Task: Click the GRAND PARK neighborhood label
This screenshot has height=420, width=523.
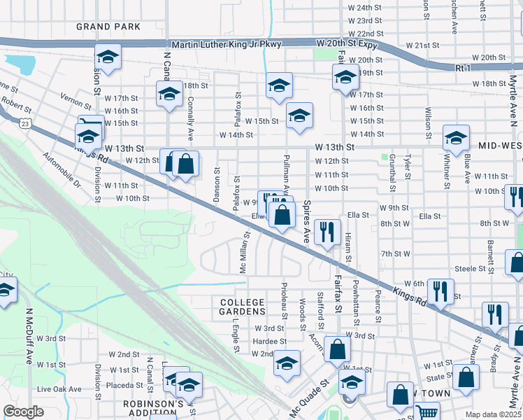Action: click(x=109, y=27)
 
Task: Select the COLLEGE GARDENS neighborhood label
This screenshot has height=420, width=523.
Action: click(x=243, y=307)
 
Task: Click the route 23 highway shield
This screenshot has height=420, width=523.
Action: click(x=25, y=124)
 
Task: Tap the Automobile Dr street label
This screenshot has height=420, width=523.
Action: click(x=62, y=171)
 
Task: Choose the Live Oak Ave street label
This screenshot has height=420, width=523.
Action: click(x=59, y=388)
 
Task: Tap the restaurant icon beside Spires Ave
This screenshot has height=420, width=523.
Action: click(x=327, y=231)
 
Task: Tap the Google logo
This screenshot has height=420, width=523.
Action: click(x=23, y=412)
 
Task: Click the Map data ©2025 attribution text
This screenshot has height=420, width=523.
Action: click(x=493, y=414)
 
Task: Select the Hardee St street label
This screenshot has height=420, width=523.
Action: click(x=268, y=341)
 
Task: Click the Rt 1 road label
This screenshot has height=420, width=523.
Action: click(x=462, y=68)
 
